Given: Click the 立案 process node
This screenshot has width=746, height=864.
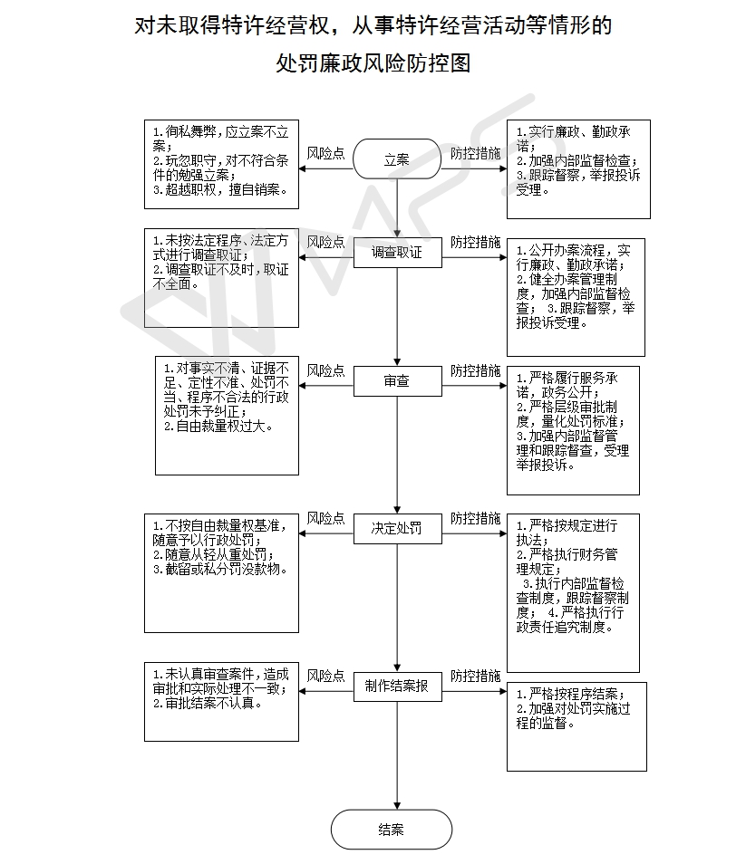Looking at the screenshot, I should click(397, 160).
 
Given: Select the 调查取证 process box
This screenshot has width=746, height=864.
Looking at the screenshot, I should click(397, 254).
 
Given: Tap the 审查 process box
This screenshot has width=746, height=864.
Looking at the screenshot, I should click(397, 382).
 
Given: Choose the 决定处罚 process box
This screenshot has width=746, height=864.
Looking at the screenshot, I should click(397, 528).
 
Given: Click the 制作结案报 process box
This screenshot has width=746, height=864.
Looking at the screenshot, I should click(397, 686).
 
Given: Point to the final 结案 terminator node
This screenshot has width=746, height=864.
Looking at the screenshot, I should click(392, 830).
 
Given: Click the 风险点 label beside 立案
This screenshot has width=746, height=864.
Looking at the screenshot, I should click(325, 153).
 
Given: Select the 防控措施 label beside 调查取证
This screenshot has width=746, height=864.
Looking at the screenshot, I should click(476, 243).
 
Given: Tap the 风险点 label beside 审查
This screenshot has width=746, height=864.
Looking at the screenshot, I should click(325, 370).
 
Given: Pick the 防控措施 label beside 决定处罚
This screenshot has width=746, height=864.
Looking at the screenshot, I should click(476, 518).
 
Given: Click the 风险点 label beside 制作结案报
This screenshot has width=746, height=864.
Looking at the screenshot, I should click(325, 676).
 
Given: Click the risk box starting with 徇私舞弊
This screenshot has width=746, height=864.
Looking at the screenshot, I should click(221, 164).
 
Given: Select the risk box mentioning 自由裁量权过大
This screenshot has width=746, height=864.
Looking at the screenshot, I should click(227, 416).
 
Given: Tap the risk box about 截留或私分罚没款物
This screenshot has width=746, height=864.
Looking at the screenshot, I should click(221, 573).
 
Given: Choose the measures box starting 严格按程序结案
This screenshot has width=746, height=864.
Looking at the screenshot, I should click(576, 726).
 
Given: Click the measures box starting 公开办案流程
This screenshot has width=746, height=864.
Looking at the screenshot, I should click(576, 298).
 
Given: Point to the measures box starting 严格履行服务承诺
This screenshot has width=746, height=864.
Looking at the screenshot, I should click(573, 430).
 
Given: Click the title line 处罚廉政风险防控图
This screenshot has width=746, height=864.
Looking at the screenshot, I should click(373, 63).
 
